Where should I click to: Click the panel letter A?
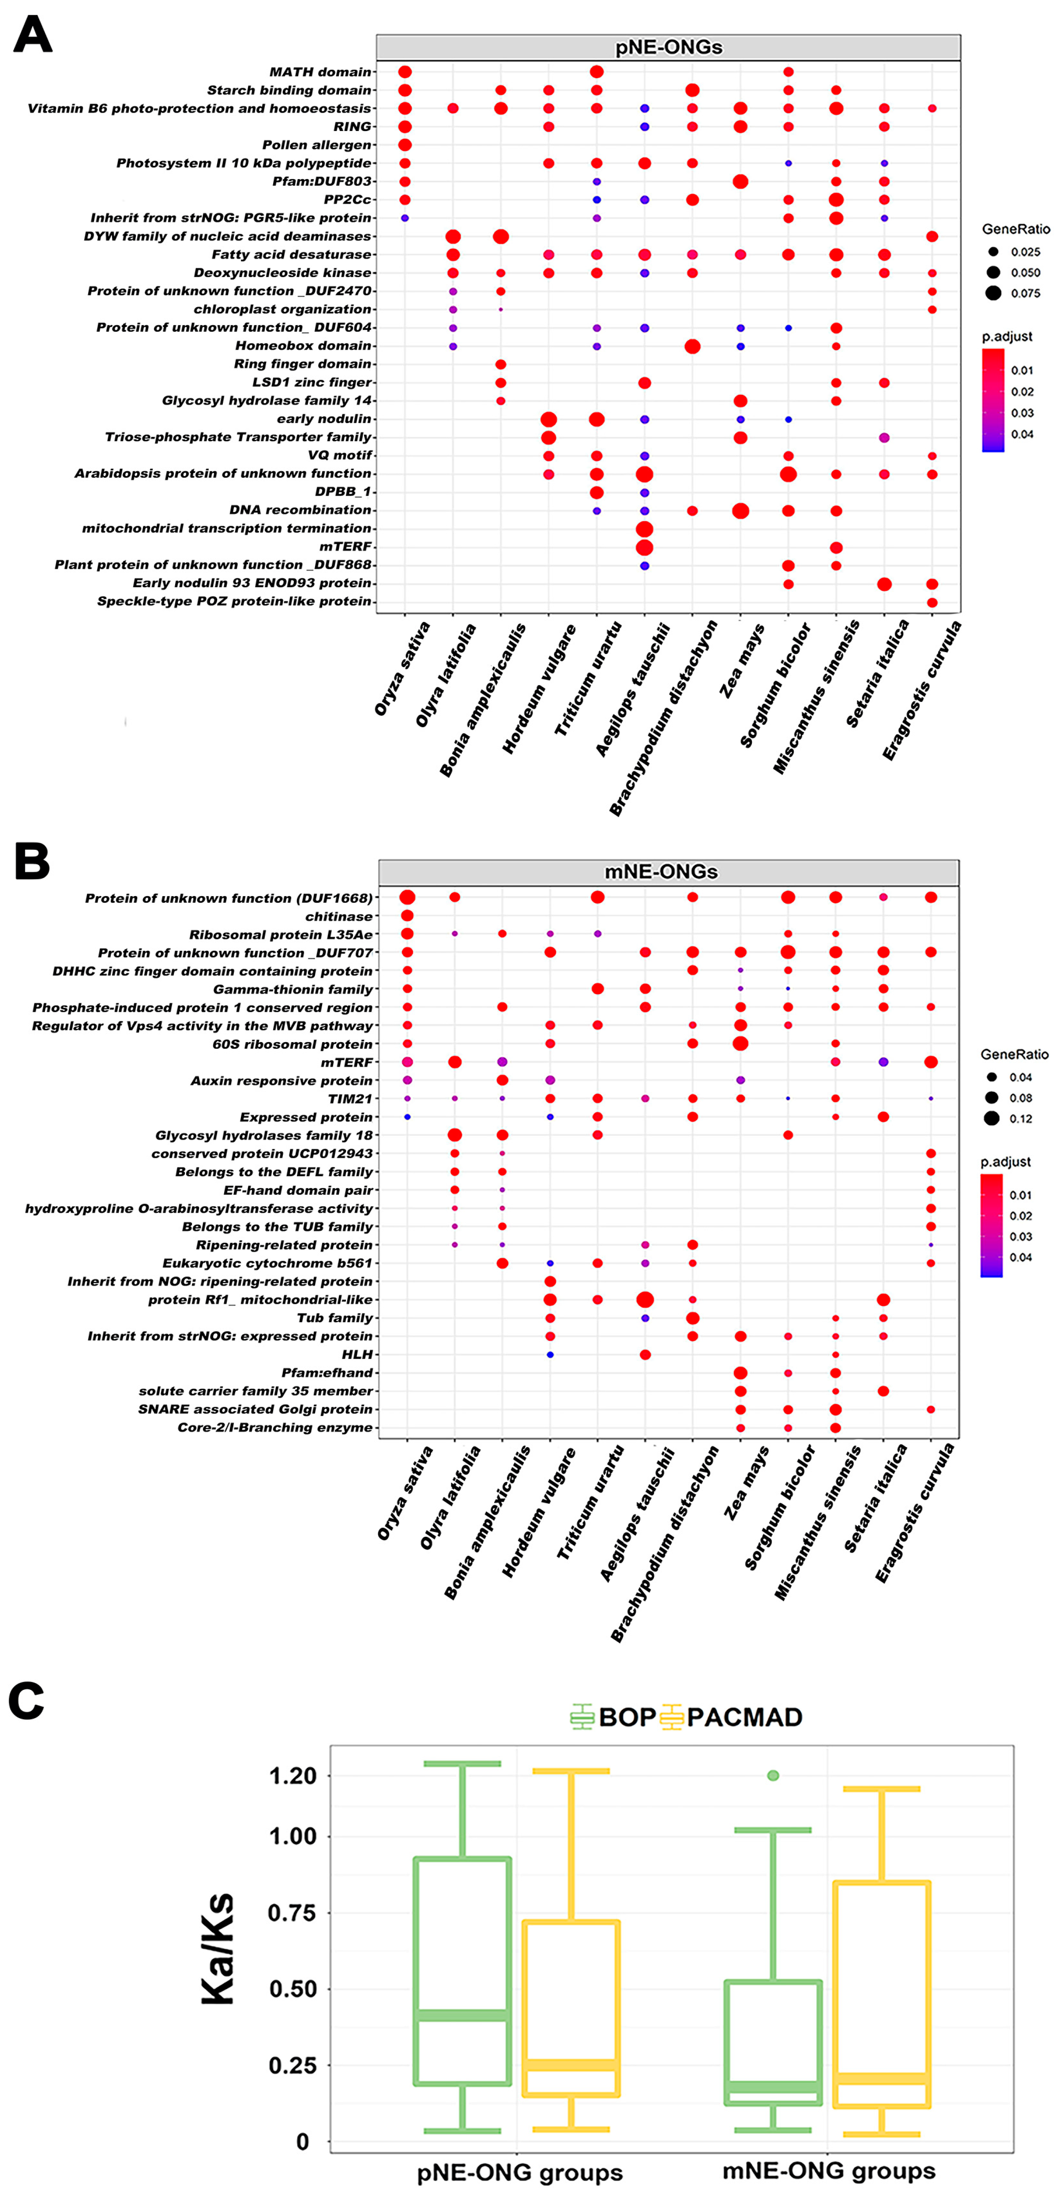(33, 36)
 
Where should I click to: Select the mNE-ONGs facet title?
(661, 871)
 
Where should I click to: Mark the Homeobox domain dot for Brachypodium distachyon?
(693, 346)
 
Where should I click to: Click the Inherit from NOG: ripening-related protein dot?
(550, 1281)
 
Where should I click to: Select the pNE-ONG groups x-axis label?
(519, 2172)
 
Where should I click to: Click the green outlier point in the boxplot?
(773, 1775)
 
